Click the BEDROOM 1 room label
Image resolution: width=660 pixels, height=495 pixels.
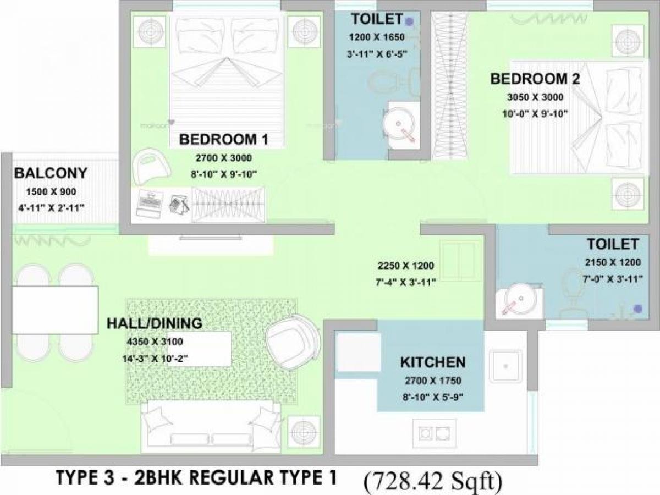(223, 140)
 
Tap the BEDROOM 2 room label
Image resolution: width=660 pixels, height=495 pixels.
(535, 79)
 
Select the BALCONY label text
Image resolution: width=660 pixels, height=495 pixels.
(51, 174)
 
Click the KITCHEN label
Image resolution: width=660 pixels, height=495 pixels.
(433, 362)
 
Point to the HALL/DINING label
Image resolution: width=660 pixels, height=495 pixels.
(155, 323)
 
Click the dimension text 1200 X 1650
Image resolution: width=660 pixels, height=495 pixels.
(377, 38)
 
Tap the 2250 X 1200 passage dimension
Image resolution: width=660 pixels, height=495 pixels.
(406, 266)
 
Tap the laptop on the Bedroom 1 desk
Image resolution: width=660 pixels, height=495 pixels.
(147, 202)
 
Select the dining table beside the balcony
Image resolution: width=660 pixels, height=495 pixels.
(54, 310)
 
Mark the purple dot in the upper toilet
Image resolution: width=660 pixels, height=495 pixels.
(409, 21)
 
